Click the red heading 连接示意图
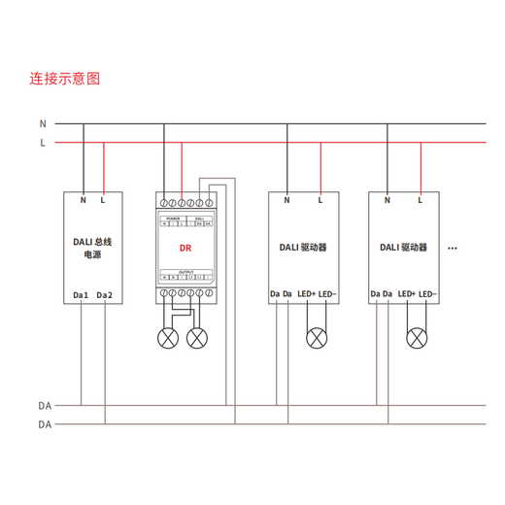[64, 79]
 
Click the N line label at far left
[43, 124]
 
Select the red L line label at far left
[43, 143]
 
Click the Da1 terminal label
[81, 294]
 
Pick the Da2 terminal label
[105, 294]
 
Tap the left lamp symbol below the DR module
[168, 338]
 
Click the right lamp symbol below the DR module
[197, 338]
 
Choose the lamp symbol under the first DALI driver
[316, 338]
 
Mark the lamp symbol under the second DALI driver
[418, 338]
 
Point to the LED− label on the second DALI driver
[427, 294]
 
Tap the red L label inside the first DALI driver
[320, 201]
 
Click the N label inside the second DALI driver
[387, 201]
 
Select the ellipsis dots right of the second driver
[453, 250]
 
